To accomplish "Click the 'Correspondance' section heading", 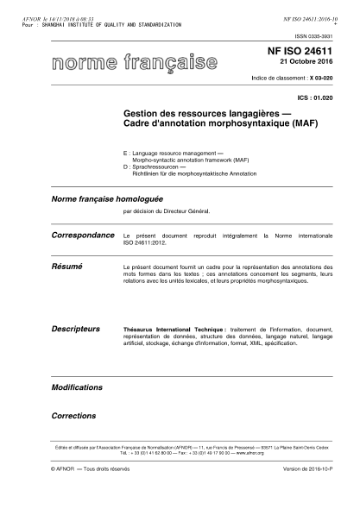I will (x=83, y=235).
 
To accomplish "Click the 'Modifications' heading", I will (x=77, y=387).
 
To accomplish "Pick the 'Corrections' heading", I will (x=73, y=415).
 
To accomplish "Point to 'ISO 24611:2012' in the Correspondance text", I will (x=146, y=242).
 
